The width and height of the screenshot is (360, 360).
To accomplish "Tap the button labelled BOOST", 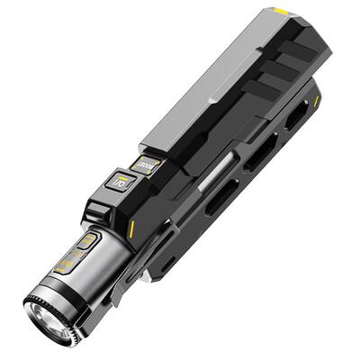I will click(x=144, y=165).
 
